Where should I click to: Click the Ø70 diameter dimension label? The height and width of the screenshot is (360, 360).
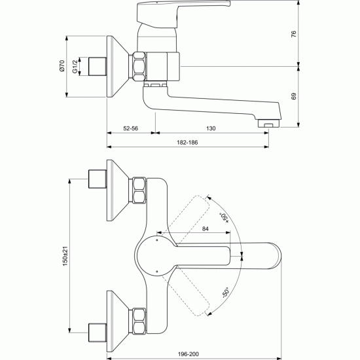coord(62,66)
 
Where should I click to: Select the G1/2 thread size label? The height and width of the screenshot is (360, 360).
coord(75,67)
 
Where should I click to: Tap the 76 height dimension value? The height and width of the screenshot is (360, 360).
coord(294,34)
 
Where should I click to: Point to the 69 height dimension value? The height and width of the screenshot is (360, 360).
coord(294,96)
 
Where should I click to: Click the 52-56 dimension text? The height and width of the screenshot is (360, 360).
coord(131,128)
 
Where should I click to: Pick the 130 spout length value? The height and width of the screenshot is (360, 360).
coord(211,128)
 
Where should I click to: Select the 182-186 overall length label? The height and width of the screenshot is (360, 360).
coord(187,142)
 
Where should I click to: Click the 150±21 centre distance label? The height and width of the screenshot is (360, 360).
coord(65,256)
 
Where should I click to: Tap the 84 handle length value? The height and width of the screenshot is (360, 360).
coord(206,229)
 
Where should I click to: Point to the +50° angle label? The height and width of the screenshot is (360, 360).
coord(225,217)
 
